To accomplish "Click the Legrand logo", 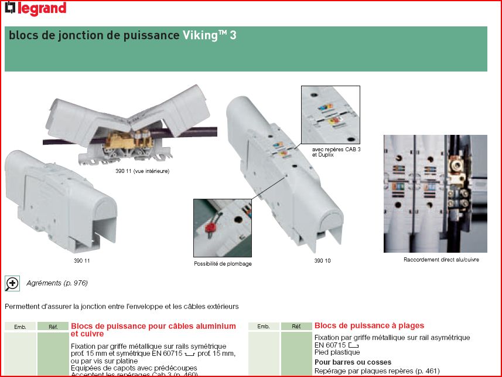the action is pyautogui.click(x=35, y=8).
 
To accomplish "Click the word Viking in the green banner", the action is pyautogui.click(x=200, y=35).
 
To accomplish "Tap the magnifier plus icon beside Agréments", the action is pyautogui.click(x=12, y=283).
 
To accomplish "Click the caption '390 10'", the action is pyautogui.click(x=322, y=261).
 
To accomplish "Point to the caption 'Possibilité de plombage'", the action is pyautogui.click(x=223, y=264).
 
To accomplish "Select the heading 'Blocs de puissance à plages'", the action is pyautogui.click(x=369, y=325).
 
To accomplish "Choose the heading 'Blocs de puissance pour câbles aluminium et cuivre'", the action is pyautogui.click(x=153, y=330).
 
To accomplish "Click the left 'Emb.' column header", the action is pyautogui.click(x=21, y=326).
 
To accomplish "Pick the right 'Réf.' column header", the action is pyautogui.click(x=296, y=326).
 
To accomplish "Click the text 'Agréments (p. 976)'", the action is pyautogui.click(x=57, y=283).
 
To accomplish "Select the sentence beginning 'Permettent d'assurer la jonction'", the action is pyautogui.click(x=121, y=306).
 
